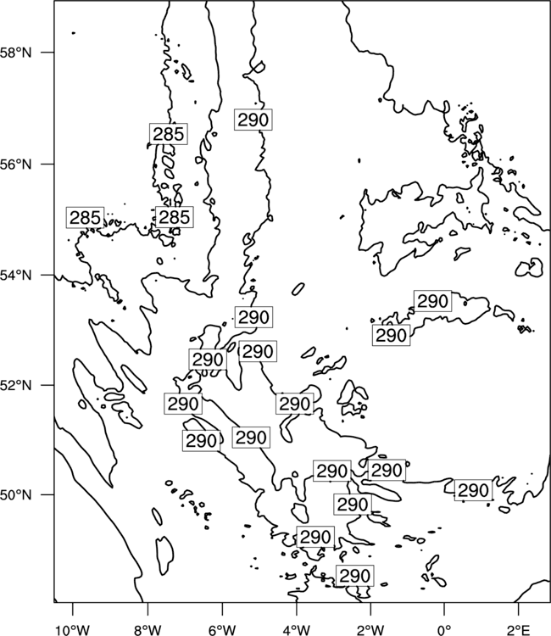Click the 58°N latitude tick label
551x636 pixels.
[16, 53]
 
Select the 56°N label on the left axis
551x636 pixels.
[16, 165]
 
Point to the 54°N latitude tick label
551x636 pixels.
[16, 276]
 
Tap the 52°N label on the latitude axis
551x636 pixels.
[16, 384]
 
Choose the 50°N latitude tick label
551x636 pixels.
[16, 495]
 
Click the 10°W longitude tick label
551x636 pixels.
[73, 630]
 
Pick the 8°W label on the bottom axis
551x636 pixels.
[147, 630]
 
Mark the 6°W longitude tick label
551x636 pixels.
[222, 630]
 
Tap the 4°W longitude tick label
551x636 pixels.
[297, 630]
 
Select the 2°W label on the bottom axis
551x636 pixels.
[370, 630]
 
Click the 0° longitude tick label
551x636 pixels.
[444, 630]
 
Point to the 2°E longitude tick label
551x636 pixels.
[519, 630]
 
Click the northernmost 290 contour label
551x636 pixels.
[253, 120]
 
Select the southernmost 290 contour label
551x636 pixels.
[355, 576]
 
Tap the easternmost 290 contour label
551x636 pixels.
[473, 490]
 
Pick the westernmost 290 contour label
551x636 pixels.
[183, 404]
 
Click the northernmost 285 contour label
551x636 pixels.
[168, 133]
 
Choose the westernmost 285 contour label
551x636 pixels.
[85, 217]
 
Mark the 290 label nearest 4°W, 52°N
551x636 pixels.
[295, 404]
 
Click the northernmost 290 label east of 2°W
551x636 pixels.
[432, 301]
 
